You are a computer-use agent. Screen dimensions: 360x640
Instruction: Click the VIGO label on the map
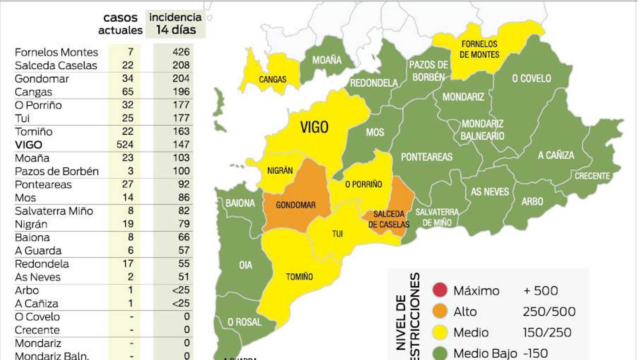(x=314, y=128)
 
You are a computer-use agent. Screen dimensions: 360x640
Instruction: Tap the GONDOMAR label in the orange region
(x=296, y=205)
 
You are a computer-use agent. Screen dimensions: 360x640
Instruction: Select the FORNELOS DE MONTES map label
(x=479, y=50)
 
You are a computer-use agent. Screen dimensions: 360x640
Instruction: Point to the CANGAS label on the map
(x=272, y=80)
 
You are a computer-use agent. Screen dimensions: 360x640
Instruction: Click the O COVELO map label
(x=531, y=78)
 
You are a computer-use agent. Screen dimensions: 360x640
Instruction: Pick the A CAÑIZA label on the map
(x=556, y=155)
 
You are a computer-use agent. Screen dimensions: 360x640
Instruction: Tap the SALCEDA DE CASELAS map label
(x=388, y=219)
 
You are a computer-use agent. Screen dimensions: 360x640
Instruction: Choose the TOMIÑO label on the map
(x=299, y=277)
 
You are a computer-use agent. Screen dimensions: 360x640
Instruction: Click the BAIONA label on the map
(x=240, y=203)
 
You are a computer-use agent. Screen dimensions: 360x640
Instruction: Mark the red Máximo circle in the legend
(x=440, y=290)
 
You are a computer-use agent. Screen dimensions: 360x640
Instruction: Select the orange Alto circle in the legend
(x=440, y=311)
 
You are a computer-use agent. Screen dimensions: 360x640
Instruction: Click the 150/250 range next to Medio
(x=547, y=332)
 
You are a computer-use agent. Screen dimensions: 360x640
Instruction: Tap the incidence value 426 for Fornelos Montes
(x=181, y=52)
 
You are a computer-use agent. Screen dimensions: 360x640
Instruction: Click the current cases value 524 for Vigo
(x=125, y=144)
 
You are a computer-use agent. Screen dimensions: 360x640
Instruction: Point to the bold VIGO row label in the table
(x=28, y=145)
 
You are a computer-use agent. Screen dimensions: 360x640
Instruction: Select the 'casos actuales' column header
(x=120, y=24)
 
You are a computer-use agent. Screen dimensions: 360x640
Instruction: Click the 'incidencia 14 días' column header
(x=175, y=24)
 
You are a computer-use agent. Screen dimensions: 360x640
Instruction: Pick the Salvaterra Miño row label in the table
(x=54, y=211)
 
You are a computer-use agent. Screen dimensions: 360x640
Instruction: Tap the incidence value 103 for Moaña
(x=181, y=158)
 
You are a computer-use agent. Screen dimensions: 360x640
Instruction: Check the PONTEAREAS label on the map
(x=426, y=157)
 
